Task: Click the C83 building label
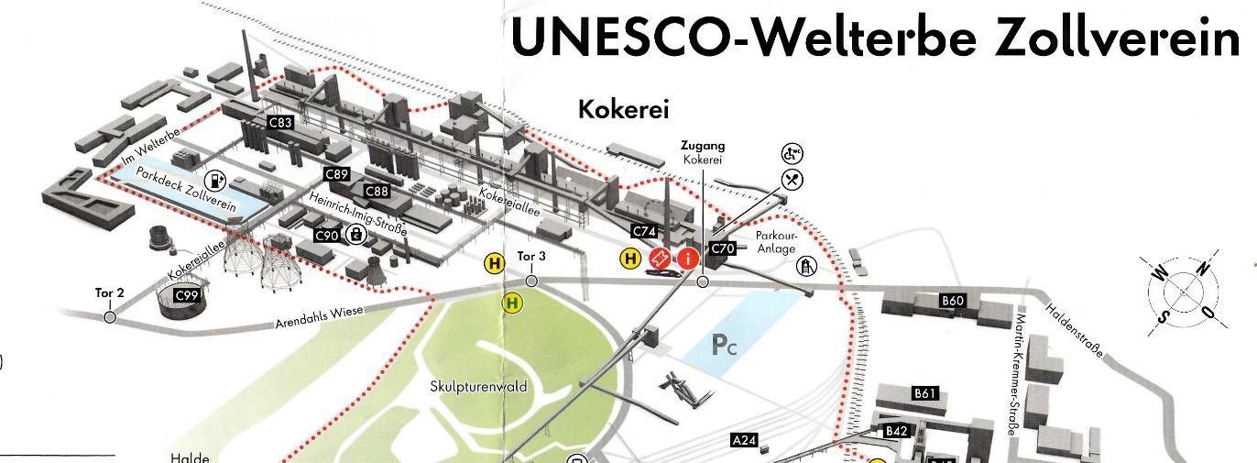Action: [x=280, y=122]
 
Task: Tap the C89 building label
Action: [x=337, y=173]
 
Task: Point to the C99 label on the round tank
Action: [x=187, y=295]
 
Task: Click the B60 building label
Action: [x=954, y=301]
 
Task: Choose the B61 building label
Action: [x=925, y=393]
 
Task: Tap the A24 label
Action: [x=745, y=441]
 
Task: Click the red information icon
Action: [x=686, y=259]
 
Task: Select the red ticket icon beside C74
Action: [x=659, y=259]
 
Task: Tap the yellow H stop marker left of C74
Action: [x=630, y=259]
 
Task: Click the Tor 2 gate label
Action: [x=109, y=293]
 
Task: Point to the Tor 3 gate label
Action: [x=531, y=256]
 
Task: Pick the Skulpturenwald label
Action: [x=478, y=387]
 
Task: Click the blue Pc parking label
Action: [x=724, y=346]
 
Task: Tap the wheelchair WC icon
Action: [x=791, y=154]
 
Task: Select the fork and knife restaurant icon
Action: [x=792, y=179]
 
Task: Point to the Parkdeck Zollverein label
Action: [x=186, y=188]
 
